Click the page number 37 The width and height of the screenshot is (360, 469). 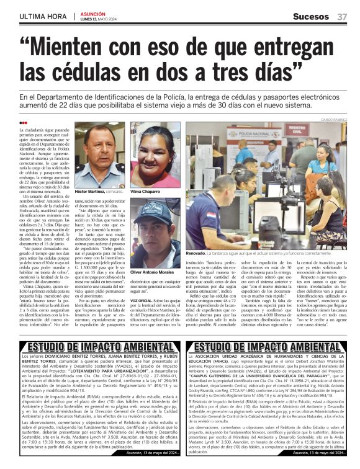(342, 16)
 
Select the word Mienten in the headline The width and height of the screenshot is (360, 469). (79, 48)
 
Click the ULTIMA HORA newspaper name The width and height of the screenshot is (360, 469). (42, 17)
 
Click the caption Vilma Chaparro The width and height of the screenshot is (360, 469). (145, 192)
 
